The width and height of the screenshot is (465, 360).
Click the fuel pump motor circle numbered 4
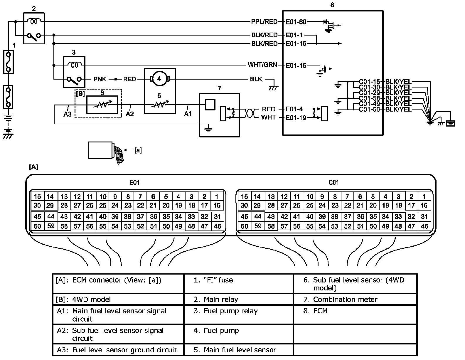159,79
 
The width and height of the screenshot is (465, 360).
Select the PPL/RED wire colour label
264,22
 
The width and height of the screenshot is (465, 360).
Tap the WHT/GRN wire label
262,65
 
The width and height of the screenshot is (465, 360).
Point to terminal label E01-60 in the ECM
296,22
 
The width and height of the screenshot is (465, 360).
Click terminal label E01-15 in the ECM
296,65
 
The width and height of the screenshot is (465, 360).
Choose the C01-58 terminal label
369,98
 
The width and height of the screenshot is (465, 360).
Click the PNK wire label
100,79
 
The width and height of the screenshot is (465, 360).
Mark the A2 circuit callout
130,114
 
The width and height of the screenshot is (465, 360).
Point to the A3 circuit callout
68,114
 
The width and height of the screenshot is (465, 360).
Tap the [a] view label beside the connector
138,150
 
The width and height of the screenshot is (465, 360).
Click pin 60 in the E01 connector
38,226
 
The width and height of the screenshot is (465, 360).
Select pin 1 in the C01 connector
424,196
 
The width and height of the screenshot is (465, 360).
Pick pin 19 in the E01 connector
179,206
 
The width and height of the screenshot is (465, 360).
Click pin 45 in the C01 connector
244,217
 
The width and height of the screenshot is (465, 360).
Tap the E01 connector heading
134,182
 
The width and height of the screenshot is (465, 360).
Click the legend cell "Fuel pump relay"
225,311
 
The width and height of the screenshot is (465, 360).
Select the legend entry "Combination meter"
340,300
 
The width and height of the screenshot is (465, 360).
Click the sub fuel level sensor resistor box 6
102,105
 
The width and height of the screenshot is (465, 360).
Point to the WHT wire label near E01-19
269,117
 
